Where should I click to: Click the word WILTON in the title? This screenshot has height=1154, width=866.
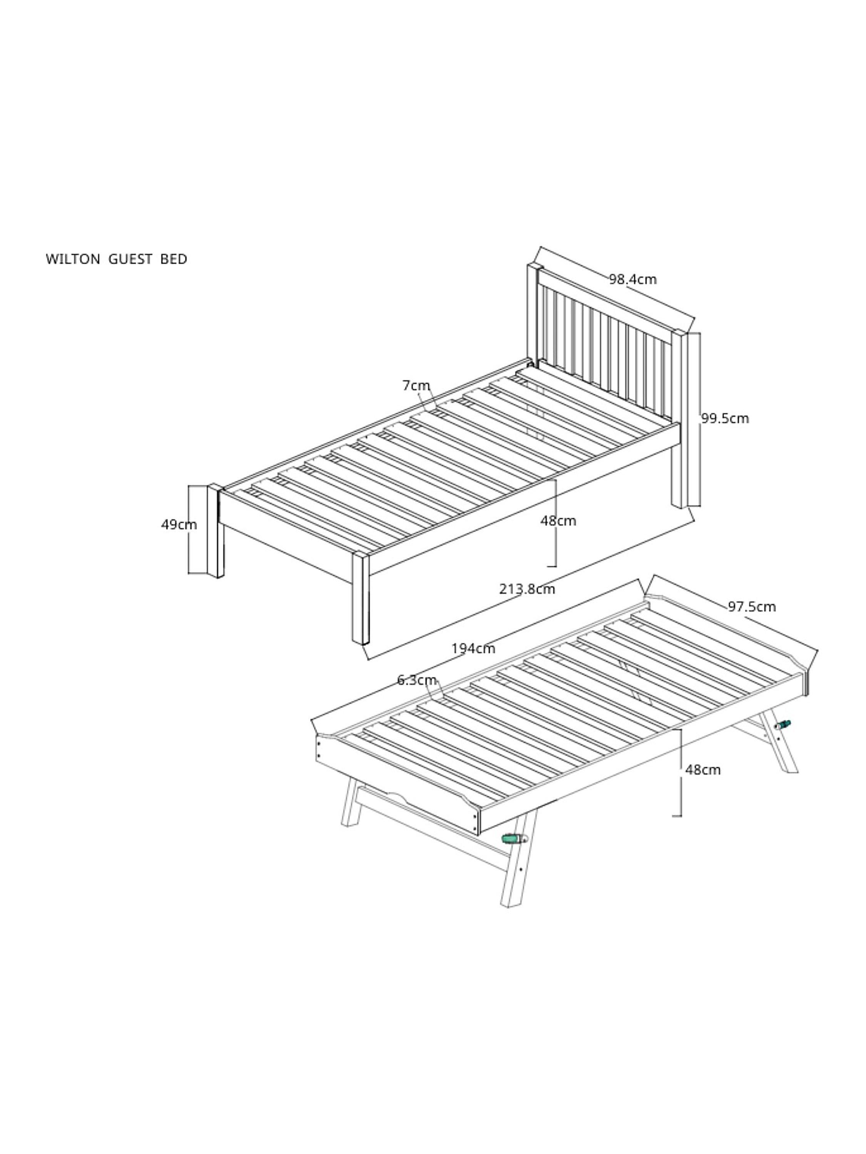click(x=73, y=259)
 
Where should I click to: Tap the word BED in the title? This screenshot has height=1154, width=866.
click(x=174, y=259)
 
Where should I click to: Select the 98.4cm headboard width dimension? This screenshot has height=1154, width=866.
click(x=633, y=280)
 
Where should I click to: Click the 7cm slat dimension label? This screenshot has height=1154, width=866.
click(x=416, y=385)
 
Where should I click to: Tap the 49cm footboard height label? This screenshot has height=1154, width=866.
click(x=179, y=525)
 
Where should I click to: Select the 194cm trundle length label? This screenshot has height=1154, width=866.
click(x=473, y=649)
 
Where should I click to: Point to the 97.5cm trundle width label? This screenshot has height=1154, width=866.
click(x=752, y=607)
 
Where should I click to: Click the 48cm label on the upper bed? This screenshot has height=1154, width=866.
click(x=558, y=521)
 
